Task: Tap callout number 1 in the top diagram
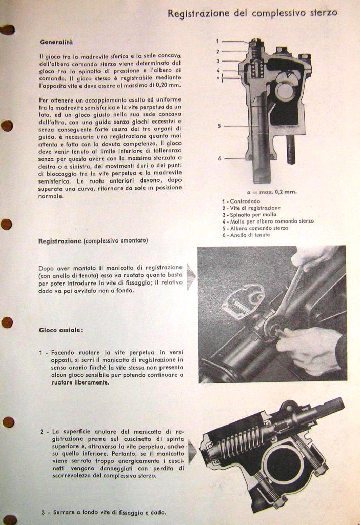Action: [x=217, y=41]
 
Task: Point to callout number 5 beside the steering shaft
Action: [x=219, y=125]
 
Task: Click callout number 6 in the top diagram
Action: [x=219, y=158]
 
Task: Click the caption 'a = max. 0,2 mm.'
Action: [x=271, y=192]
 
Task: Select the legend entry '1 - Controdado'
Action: [x=241, y=201]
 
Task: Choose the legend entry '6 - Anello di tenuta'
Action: [x=246, y=235]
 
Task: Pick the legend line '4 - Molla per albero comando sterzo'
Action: [x=268, y=221]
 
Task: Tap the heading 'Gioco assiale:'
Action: [x=60, y=330]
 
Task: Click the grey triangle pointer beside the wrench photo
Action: [x=191, y=277]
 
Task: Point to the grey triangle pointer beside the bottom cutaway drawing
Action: [x=192, y=452]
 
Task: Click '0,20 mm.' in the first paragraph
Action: [x=167, y=85]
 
